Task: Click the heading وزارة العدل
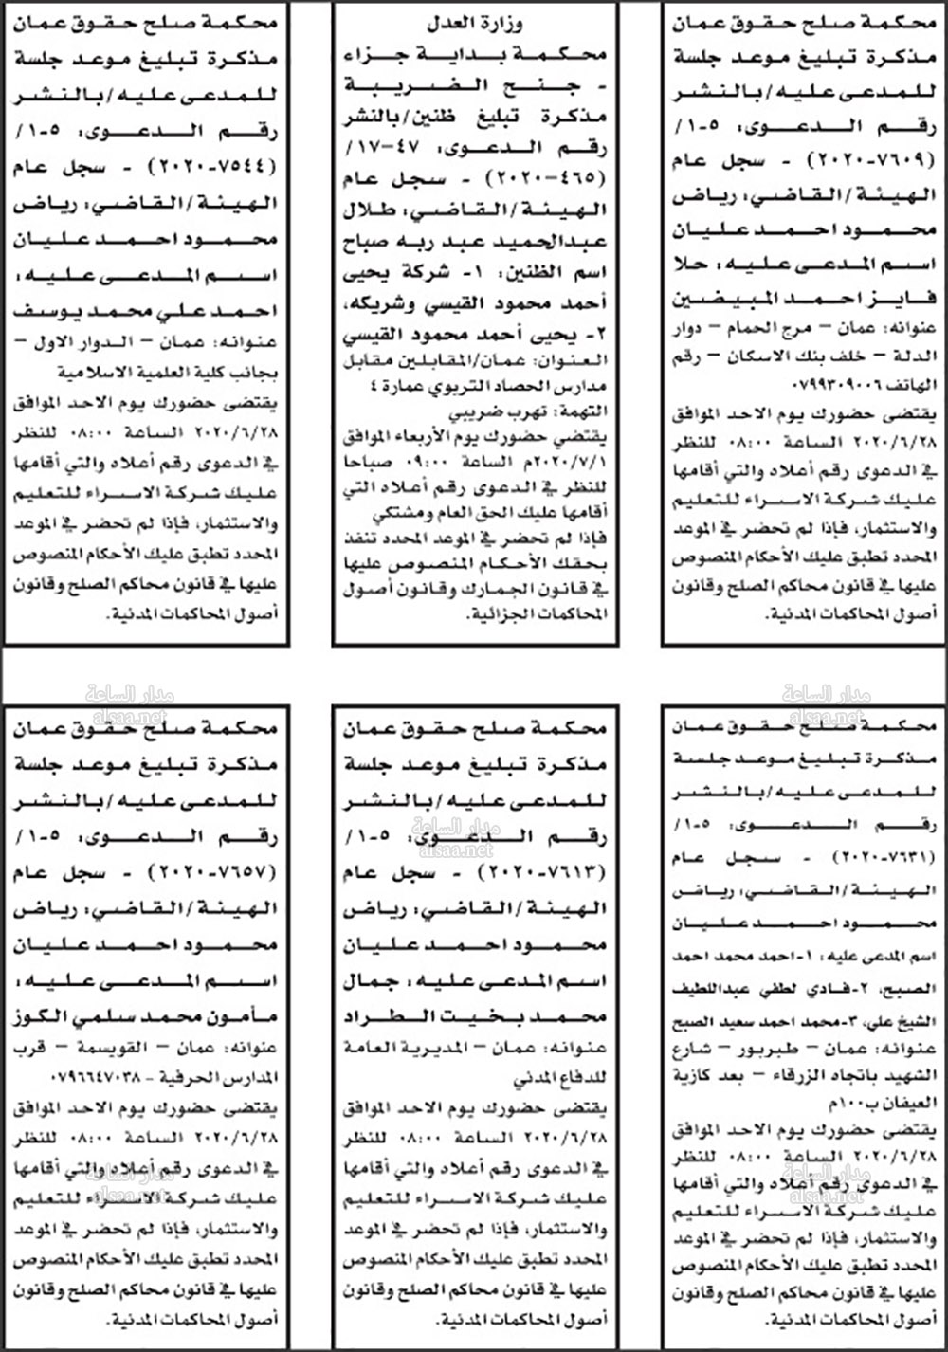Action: coord(474,24)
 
